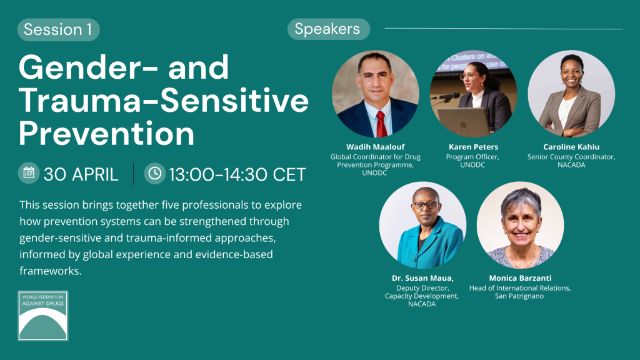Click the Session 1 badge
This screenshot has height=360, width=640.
pos(58,29)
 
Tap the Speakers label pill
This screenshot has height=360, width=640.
pos(329,29)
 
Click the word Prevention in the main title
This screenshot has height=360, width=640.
pos(106,134)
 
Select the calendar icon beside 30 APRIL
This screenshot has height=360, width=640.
pos(29,172)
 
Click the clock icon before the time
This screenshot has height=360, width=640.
pos(155,174)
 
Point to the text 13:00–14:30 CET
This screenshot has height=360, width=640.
pos(237,175)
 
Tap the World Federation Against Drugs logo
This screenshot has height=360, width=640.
pos(43,316)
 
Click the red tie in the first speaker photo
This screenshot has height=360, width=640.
pos(381,124)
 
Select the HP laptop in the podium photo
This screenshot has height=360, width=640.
pos(463,122)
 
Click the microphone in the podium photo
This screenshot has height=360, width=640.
pos(447,97)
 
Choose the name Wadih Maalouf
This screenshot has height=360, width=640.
pos(376,147)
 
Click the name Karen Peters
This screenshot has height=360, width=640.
pos(474,147)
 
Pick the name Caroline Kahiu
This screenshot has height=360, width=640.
pos(571,147)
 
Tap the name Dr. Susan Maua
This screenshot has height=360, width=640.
pos(422,278)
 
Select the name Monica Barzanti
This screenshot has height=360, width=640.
pos(520,278)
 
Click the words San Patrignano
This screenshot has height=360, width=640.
pos(519,296)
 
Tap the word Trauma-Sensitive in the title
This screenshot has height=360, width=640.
pos(163,101)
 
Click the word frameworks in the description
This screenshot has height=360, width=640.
pos(50,271)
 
